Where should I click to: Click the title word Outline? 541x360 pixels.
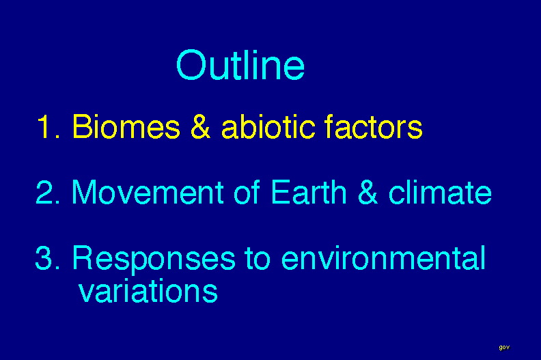240,65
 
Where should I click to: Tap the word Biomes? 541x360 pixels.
126,126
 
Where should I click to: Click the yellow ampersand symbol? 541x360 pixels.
200,126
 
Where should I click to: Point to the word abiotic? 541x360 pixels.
268,126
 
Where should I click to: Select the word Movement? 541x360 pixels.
148,192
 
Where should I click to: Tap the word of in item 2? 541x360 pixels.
247,191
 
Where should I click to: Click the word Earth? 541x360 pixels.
309,191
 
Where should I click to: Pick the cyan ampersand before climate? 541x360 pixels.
367,192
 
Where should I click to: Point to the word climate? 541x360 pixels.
440,191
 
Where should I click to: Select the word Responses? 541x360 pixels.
154,260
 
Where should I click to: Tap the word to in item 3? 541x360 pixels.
258,258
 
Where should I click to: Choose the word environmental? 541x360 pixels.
383,257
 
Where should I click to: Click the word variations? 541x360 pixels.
148,290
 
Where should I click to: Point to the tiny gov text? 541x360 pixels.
504,347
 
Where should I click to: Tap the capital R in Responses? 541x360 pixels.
82,257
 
